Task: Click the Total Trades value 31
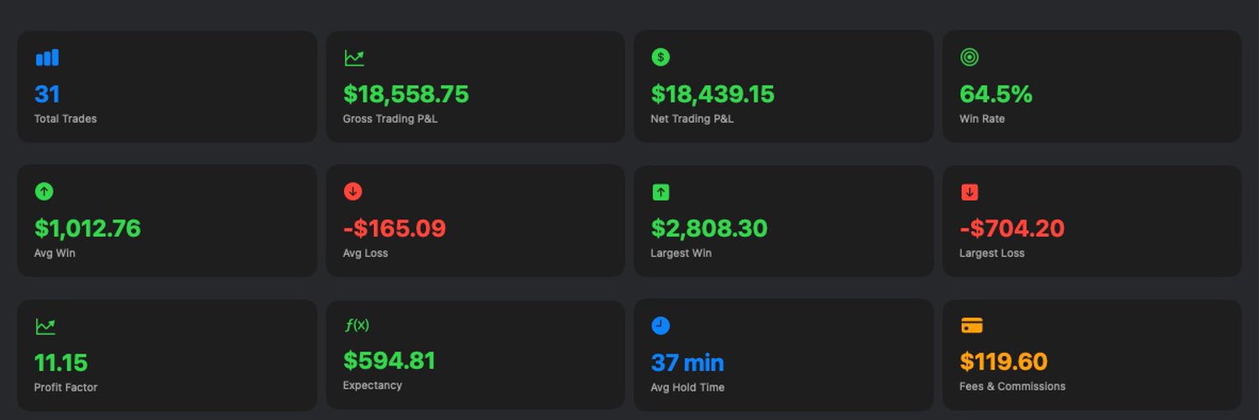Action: tap(47, 94)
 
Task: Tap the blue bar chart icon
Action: tap(47, 57)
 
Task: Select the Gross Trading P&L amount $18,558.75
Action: tap(405, 94)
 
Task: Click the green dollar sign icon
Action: tap(661, 57)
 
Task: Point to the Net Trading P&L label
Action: tap(692, 118)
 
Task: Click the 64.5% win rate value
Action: tap(996, 94)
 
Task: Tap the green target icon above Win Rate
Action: tap(969, 57)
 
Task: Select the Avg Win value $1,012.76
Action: tap(87, 228)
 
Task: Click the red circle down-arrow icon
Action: tap(353, 192)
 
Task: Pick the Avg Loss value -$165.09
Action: tap(394, 228)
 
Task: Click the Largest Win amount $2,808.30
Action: tap(708, 228)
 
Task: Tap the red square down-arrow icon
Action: tap(969, 192)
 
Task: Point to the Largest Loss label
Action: tap(992, 253)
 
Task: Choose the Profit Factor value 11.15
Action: tap(60, 363)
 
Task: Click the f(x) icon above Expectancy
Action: tap(357, 325)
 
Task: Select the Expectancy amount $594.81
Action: tap(389, 360)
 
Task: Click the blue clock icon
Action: tap(661, 326)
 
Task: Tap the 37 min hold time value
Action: tap(687, 363)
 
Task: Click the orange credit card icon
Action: tap(972, 326)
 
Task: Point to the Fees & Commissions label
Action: tap(1012, 386)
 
